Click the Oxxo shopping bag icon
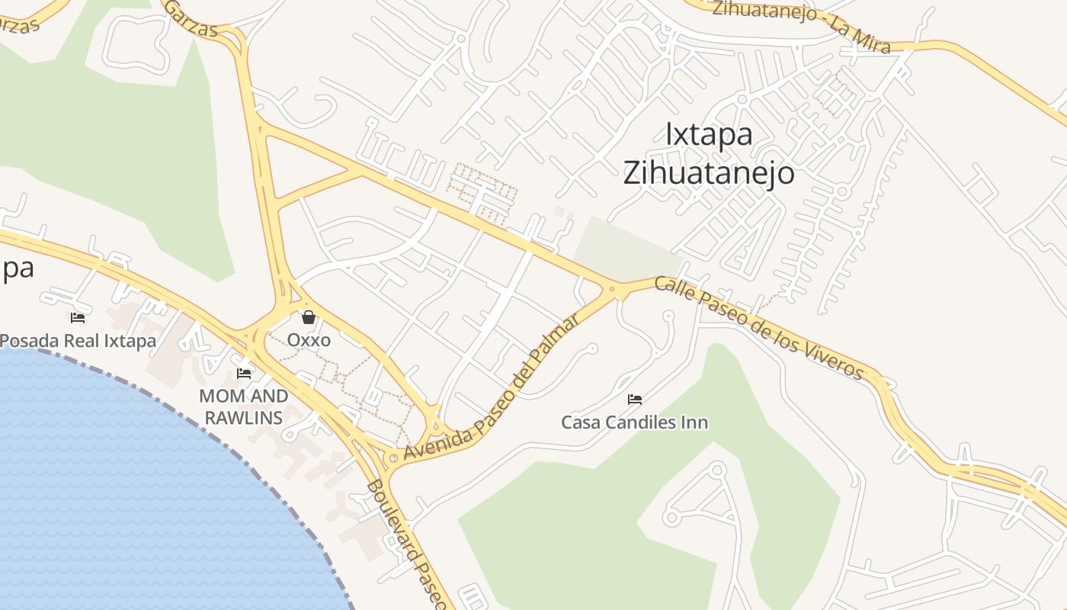pyautogui.click(x=309, y=317)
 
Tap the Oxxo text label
pyautogui.click(x=309, y=339)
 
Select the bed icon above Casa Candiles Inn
pyautogui.click(x=634, y=399)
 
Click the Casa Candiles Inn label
pyautogui.click(x=634, y=422)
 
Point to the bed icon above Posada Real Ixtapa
pyautogui.click(x=77, y=317)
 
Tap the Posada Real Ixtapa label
pyautogui.click(x=78, y=340)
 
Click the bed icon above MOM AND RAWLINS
pyautogui.click(x=244, y=373)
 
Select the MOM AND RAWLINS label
pyautogui.click(x=243, y=406)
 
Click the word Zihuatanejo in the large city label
pyautogui.click(x=708, y=173)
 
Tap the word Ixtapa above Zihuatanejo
pyautogui.click(x=709, y=134)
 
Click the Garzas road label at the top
pyautogui.click(x=191, y=18)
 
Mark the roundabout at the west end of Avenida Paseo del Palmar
pyautogui.click(x=393, y=457)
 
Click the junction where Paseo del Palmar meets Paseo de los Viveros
pyautogui.click(x=613, y=290)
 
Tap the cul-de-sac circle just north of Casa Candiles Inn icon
pyautogui.click(x=669, y=315)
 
